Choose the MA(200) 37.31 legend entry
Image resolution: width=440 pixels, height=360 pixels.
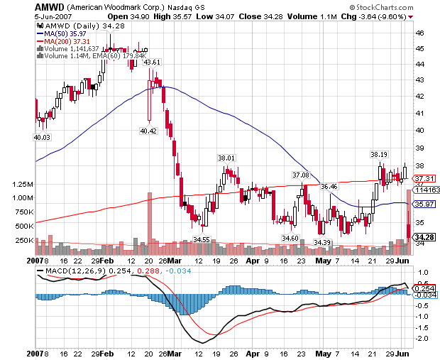click(65, 40)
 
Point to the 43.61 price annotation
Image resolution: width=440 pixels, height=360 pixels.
click(152, 62)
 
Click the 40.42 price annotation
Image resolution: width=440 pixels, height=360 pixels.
click(148, 131)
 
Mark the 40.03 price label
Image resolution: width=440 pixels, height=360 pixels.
click(42, 137)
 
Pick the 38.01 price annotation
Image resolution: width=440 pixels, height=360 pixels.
click(226, 158)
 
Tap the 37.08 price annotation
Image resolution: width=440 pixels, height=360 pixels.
click(301, 175)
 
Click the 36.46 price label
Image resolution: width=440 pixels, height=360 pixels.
click(329, 187)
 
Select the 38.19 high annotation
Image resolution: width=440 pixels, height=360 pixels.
click(380, 154)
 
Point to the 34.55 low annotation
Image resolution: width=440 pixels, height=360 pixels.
click(202, 239)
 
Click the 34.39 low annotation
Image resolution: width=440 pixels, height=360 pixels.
click(323, 243)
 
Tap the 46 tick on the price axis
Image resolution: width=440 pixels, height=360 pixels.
click(420, 33)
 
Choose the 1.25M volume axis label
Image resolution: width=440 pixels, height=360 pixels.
click(23, 184)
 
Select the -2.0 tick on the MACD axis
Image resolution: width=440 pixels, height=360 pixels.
click(423, 339)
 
